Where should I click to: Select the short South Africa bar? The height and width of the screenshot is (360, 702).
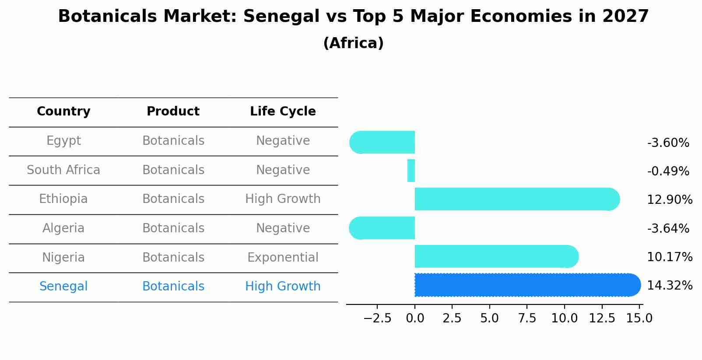click(411, 171)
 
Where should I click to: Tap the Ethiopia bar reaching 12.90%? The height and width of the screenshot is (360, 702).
click(516, 199)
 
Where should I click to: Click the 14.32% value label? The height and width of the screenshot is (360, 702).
click(669, 286)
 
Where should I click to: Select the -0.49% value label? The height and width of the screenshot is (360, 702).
click(668, 171)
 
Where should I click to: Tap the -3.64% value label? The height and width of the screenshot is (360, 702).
click(668, 228)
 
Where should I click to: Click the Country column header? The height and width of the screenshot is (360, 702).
click(63, 112)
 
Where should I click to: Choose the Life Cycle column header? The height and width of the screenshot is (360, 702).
click(283, 112)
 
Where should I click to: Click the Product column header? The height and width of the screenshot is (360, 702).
click(173, 112)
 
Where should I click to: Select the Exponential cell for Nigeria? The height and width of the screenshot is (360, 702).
click(283, 257)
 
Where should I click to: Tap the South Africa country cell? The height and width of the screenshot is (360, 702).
click(63, 170)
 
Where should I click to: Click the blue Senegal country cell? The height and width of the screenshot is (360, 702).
click(63, 287)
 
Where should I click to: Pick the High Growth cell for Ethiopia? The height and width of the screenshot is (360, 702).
click(283, 199)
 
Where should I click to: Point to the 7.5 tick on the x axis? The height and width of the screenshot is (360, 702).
click(527, 318)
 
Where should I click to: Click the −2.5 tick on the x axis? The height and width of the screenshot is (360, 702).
click(377, 318)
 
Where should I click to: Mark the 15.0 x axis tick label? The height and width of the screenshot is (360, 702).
click(639, 318)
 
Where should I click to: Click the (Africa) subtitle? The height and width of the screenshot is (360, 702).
click(353, 43)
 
